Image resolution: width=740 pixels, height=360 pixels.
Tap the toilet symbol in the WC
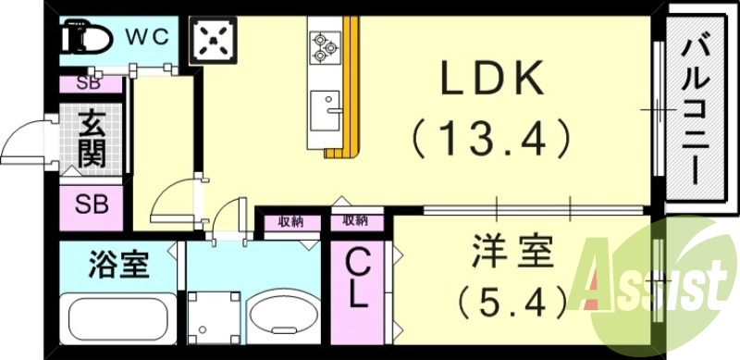click(87, 40)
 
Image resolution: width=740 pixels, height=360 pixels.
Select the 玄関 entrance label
click(91, 139)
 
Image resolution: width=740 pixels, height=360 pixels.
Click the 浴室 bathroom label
click(118, 266)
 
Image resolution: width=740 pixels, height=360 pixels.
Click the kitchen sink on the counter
click(326, 109)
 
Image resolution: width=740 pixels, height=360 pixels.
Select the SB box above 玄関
click(89, 82)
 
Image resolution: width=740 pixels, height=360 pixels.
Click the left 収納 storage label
click(290, 221)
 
